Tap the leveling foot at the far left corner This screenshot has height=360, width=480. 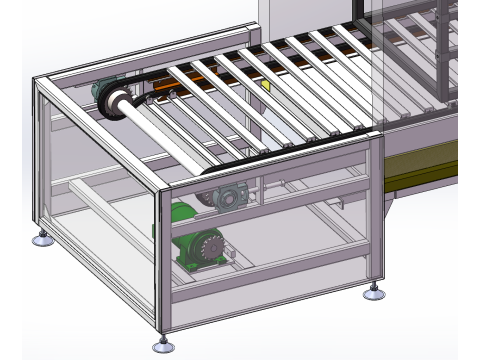click(x=42, y=239)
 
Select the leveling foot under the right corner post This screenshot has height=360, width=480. click(x=375, y=292)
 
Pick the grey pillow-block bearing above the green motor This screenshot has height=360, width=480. click(x=225, y=198)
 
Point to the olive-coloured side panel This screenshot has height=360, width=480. click(x=420, y=165)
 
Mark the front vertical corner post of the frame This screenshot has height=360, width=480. click(x=162, y=260)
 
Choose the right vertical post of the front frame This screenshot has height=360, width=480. click(x=376, y=210)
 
